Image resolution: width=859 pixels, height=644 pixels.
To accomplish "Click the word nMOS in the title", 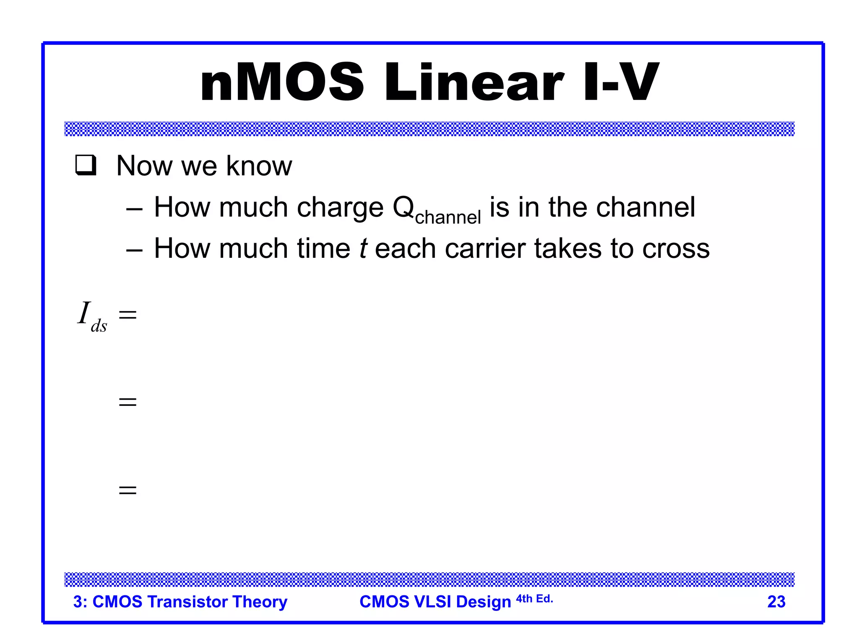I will click(x=282, y=82).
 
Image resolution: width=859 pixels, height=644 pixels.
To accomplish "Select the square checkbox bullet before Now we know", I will click(x=86, y=165).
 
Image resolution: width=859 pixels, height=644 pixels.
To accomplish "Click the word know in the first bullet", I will click(x=259, y=166).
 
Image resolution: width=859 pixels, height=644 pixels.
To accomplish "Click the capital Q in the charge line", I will click(x=403, y=208).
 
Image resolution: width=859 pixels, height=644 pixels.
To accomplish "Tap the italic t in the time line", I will click(x=363, y=248).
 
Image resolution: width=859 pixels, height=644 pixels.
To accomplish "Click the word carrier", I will click(x=485, y=248).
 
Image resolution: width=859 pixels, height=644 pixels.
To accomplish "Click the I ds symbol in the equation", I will click(x=92, y=317).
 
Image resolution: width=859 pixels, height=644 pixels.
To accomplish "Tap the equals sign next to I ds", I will click(x=128, y=314).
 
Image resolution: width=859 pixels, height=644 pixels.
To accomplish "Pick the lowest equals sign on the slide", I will click(x=128, y=490).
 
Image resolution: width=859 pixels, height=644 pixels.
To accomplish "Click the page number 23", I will click(x=776, y=602).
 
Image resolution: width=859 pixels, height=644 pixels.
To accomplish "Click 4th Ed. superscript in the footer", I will click(x=534, y=599).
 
